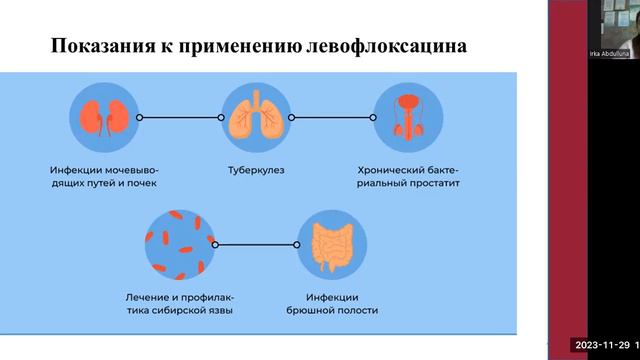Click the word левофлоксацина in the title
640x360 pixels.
(390, 47)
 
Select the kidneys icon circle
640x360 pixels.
(102, 117)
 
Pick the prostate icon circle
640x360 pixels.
(407, 117)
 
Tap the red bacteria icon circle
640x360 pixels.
(180, 243)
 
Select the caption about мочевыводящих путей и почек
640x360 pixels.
(103, 178)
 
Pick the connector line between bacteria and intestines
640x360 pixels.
(255, 243)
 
